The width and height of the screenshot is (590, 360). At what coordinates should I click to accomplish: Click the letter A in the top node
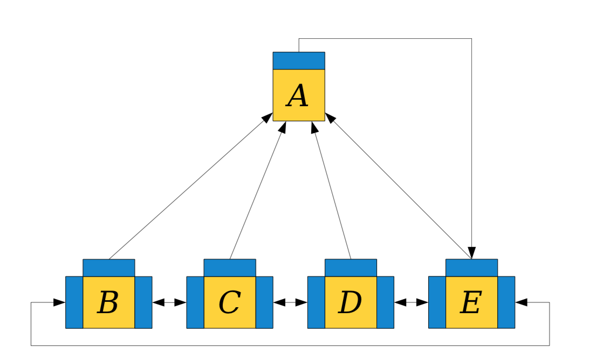click(x=298, y=95)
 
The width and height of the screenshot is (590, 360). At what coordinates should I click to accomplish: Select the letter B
click(x=108, y=302)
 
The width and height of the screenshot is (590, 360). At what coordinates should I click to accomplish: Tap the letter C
click(x=230, y=302)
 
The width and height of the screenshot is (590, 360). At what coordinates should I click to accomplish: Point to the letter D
click(x=350, y=302)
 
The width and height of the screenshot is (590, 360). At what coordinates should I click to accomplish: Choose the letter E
click(x=471, y=302)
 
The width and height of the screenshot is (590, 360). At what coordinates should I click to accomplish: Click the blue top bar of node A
click(x=299, y=60)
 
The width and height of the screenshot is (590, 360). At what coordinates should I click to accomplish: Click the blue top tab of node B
click(x=109, y=268)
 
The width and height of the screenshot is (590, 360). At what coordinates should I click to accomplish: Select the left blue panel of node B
click(x=74, y=302)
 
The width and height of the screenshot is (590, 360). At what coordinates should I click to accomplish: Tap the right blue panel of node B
click(x=143, y=302)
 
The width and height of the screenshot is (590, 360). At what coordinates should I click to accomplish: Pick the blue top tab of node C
click(x=230, y=268)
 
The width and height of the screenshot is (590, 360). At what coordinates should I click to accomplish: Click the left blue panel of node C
click(x=195, y=302)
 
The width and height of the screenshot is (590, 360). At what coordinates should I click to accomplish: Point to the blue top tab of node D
click(x=351, y=268)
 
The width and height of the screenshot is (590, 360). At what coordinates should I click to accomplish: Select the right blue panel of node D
click(x=385, y=302)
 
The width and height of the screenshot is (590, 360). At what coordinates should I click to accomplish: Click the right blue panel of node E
click(x=506, y=302)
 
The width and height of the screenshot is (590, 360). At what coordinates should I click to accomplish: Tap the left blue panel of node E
click(x=437, y=302)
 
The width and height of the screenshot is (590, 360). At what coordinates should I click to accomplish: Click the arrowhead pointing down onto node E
click(x=471, y=253)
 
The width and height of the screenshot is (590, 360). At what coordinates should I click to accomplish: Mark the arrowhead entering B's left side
click(x=59, y=302)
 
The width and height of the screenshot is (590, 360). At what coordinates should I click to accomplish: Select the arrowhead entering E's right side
click(x=521, y=302)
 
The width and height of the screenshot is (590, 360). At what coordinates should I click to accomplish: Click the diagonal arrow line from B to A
click(x=191, y=186)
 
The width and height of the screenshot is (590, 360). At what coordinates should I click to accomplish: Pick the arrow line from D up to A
click(x=332, y=190)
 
